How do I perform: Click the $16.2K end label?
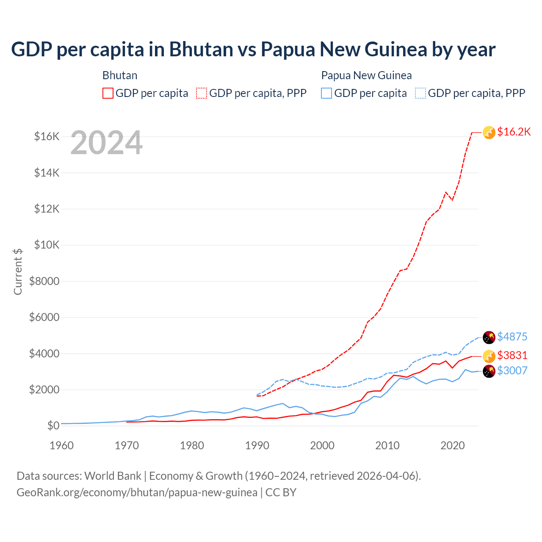click(514, 132)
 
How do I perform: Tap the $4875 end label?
click(512, 337)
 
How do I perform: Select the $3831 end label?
click(512, 355)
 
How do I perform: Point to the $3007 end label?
click(512, 371)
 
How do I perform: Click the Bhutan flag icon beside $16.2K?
click(489, 133)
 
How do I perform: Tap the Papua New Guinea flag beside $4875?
click(489, 337)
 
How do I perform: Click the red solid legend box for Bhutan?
click(108, 93)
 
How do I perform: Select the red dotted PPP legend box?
click(202, 93)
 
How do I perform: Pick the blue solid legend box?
click(326, 93)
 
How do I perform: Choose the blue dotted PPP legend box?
click(420, 93)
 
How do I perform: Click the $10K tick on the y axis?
click(47, 245)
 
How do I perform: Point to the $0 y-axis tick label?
click(53, 426)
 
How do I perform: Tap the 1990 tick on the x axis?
click(257, 445)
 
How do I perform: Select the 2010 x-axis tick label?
click(387, 445)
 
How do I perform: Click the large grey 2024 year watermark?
click(106, 143)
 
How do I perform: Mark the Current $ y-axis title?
click(18, 271)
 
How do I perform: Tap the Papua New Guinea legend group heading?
click(366, 75)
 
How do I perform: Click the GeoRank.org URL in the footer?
click(137, 492)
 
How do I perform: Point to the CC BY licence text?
click(281, 492)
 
